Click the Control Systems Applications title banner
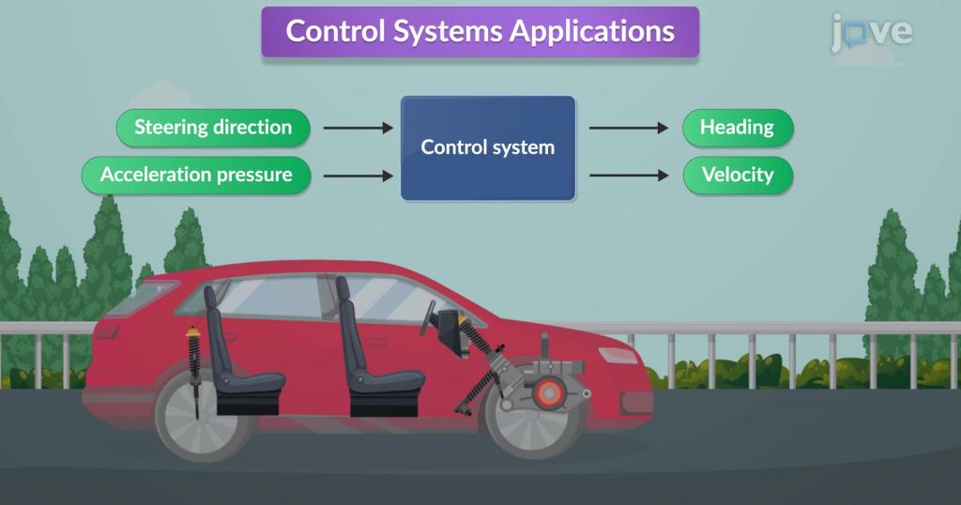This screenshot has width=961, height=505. tap(480, 32)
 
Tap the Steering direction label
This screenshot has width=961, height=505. tap(213, 128)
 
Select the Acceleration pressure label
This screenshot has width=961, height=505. tap(196, 176)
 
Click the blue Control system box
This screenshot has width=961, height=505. tap(488, 147)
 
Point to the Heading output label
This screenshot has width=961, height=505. tap(738, 128)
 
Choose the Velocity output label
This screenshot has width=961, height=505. tap(738, 176)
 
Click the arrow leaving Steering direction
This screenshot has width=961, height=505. tap(358, 128)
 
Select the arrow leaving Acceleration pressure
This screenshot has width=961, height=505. tap(358, 176)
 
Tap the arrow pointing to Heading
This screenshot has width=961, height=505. tap(629, 128)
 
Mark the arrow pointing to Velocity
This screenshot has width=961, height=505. tap(629, 176)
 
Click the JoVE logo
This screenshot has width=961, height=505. tap(872, 33)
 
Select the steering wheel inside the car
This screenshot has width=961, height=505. tap(427, 317)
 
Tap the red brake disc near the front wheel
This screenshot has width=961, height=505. tap(548, 392)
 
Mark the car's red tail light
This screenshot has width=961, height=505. tap(107, 331)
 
